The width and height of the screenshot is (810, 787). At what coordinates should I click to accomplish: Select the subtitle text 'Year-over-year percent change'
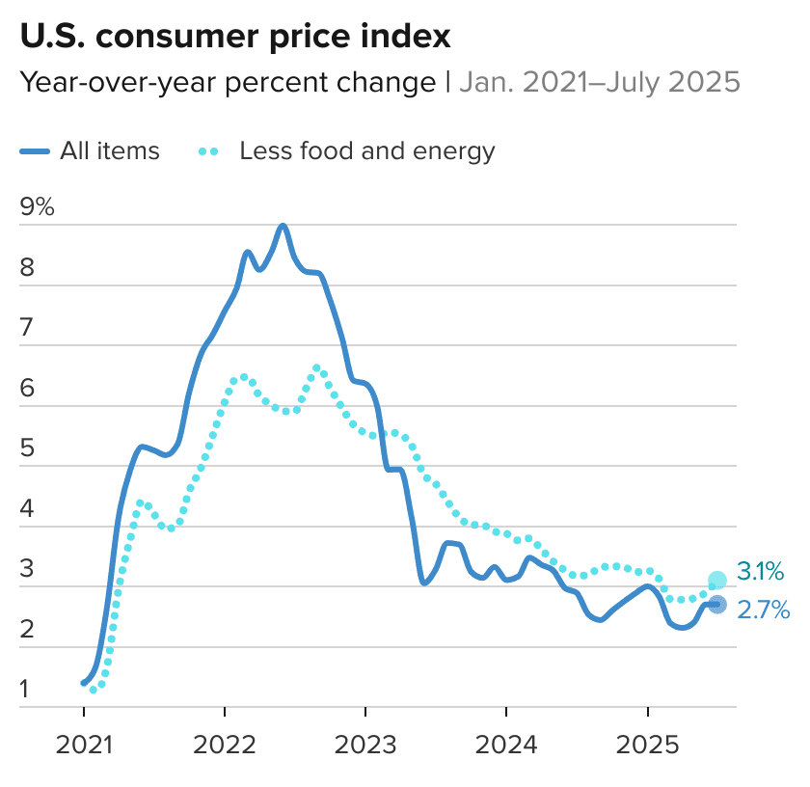pos(228,83)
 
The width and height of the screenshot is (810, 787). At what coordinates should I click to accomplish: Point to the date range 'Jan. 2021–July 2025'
pos(599,83)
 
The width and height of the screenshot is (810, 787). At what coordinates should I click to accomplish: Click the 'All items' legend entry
pos(91,151)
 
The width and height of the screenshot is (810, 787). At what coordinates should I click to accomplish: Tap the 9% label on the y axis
pos(38,207)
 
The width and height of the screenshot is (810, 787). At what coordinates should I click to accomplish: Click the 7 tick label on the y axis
pos(27,328)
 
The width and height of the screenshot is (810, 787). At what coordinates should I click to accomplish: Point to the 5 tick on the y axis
pos(27,448)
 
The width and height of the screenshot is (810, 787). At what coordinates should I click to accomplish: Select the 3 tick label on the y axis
pos(27,569)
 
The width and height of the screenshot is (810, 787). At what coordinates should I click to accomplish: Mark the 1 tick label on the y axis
pos(27,690)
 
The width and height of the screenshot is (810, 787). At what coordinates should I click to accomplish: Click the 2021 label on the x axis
pos(83,746)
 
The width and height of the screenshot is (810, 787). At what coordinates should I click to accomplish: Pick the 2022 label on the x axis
pos(224,746)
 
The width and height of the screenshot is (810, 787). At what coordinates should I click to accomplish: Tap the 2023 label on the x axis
pos(364,746)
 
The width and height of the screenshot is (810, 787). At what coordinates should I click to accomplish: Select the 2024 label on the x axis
pos(505,746)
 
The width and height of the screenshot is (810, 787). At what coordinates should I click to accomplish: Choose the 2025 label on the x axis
pos(646,746)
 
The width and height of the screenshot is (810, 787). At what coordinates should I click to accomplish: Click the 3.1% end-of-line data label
pos(761,572)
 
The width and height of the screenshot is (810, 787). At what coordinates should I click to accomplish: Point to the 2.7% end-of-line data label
pos(763,610)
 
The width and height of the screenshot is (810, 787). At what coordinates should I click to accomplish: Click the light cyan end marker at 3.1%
pos(717,580)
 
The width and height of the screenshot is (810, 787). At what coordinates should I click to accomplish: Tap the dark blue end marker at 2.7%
pos(717,605)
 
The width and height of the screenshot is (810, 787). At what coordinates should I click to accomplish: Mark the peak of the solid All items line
pos(283,226)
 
